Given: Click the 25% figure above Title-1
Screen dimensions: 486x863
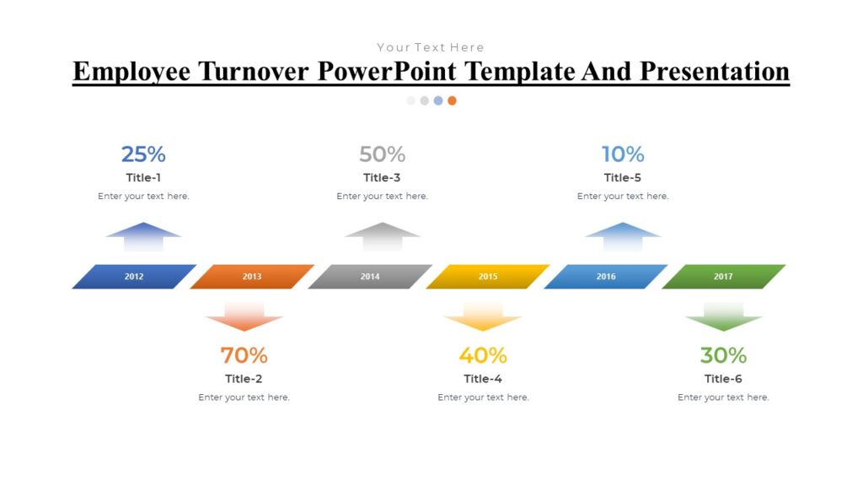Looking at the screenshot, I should (143, 154).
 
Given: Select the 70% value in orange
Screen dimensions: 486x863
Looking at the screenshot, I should (244, 355).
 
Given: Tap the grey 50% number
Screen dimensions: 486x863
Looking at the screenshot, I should (382, 154).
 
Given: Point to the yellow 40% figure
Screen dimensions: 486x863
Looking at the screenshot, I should (483, 355).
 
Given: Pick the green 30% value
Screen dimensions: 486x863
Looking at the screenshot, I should (723, 355).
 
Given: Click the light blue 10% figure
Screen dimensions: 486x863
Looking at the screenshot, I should (623, 154).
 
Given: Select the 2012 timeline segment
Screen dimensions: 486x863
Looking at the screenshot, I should (134, 277).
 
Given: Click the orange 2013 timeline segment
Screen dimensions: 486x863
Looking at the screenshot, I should (252, 277).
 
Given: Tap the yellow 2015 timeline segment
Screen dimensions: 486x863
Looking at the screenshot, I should (488, 277).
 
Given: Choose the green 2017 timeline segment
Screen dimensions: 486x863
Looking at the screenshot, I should (723, 277).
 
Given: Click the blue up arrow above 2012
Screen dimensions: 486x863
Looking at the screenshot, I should (143, 235).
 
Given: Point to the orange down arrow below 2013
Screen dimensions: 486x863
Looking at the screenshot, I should (244, 316).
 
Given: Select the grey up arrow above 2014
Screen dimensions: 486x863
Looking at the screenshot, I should (382, 235).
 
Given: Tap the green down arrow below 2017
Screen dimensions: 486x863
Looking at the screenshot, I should (723, 316).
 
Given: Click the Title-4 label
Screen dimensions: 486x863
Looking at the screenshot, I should (483, 379).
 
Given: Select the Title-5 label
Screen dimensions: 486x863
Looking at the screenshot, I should (623, 178).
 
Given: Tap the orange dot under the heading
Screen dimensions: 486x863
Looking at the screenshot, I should (452, 100).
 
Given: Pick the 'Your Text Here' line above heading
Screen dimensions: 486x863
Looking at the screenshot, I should (431, 47).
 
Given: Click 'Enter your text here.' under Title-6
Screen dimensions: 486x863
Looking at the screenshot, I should (723, 397).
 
